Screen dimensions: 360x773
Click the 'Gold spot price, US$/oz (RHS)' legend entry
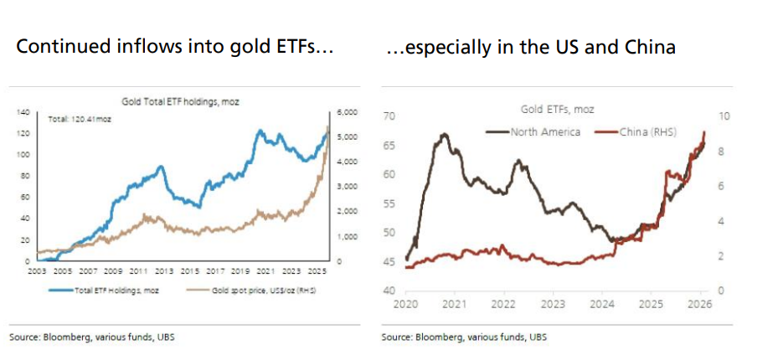pyautogui.click(x=255, y=291)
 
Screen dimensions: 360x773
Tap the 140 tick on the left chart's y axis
pyautogui.click(x=23, y=111)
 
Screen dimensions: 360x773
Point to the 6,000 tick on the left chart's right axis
pyautogui.click(x=347, y=111)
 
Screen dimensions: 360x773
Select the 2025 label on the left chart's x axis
pyautogui.click(x=316, y=272)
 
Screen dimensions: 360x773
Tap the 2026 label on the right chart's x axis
pyautogui.click(x=700, y=304)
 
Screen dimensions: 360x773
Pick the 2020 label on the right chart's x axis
pyautogui.click(x=405, y=304)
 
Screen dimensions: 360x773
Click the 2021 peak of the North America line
pyautogui.click(x=444, y=134)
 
